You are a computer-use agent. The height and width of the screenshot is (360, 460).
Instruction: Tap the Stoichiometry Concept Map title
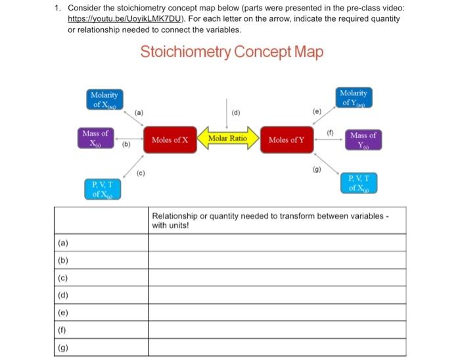[231, 52]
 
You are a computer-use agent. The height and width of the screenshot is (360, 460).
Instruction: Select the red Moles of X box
[170, 140]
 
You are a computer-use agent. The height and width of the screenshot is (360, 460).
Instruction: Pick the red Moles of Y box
[286, 140]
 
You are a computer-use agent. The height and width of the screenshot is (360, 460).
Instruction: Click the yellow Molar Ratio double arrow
[227, 139]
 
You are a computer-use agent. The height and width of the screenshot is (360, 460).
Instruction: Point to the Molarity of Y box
[354, 98]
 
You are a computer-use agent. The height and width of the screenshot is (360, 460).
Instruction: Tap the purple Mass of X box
[95, 139]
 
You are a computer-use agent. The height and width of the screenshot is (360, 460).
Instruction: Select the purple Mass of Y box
[363, 140]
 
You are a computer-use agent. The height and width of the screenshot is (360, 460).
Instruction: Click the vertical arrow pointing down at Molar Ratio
[227, 112]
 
